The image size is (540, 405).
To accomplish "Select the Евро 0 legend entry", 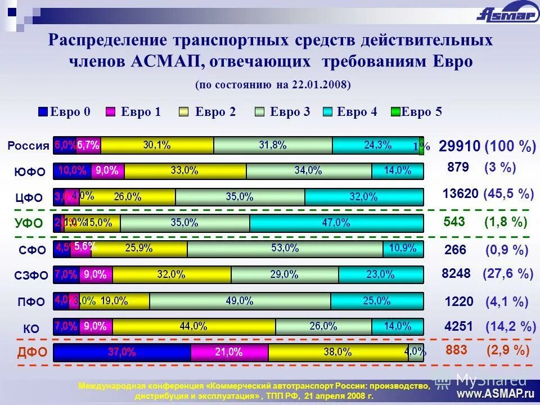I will (x=65, y=112).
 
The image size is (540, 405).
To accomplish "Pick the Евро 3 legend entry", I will (x=283, y=112).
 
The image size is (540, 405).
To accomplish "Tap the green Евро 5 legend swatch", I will (x=395, y=112).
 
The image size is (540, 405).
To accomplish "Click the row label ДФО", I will (x=28, y=353).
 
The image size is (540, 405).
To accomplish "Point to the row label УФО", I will (x=28, y=223).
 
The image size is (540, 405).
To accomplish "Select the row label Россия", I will (x=28, y=146).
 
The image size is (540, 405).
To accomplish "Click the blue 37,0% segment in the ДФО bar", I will (x=122, y=353).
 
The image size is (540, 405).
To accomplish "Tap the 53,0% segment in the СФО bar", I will (x=285, y=248).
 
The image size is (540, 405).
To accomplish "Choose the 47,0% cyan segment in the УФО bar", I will (x=336, y=223).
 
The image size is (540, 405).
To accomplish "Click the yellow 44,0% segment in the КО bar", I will (x=194, y=326).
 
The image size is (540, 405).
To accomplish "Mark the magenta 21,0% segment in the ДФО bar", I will (x=229, y=353).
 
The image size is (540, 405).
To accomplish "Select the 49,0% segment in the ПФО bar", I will (x=240, y=301).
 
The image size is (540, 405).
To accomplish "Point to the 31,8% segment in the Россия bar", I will (x=273, y=145).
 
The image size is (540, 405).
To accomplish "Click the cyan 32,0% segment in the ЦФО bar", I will (x=363, y=197).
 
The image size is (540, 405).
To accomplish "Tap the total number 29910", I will (x=460, y=147).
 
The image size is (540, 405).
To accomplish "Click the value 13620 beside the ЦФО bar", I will (x=460, y=194).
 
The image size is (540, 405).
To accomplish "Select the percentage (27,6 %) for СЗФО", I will (x=508, y=274).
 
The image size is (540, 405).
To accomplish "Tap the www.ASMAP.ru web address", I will (x=496, y=393).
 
